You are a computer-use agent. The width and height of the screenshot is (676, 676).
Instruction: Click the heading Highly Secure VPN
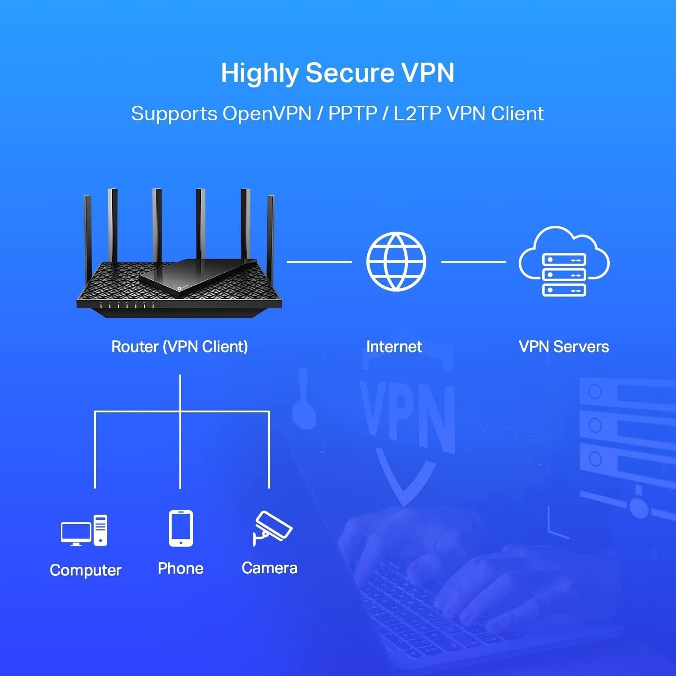click(x=338, y=73)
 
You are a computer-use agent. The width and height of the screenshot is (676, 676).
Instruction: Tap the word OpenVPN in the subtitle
click(x=267, y=114)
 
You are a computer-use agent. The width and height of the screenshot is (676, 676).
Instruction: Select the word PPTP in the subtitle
click(x=352, y=114)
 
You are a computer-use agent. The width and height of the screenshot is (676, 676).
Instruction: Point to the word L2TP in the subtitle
click(x=417, y=114)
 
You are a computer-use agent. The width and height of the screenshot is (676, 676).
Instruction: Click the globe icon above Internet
click(x=396, y=261)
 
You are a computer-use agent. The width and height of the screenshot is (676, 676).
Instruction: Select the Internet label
click(x=394, y=347)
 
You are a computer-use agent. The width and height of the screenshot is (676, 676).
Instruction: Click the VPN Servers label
click(x=563, y=347)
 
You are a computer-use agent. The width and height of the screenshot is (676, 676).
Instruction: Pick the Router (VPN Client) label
click(x=179, y=347)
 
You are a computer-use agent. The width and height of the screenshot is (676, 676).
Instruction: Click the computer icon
click(x=84, y=530)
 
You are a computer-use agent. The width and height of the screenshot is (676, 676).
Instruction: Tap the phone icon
click(x=181, y=528)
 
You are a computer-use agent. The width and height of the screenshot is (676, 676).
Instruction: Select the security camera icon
click(x=272, y=528)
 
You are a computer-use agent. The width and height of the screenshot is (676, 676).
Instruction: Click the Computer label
click(x=86, y=570)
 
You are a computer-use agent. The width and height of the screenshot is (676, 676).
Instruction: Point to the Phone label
click(x=180, y=568)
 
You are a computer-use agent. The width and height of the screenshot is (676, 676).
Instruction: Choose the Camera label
click(x=269, y=568)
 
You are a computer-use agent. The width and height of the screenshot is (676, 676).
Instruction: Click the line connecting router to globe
click(x=319, y=261)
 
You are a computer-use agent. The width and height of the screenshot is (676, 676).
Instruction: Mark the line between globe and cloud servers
click(x=473, y=261)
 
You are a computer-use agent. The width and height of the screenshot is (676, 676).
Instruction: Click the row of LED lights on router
click(x=127, y=306)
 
